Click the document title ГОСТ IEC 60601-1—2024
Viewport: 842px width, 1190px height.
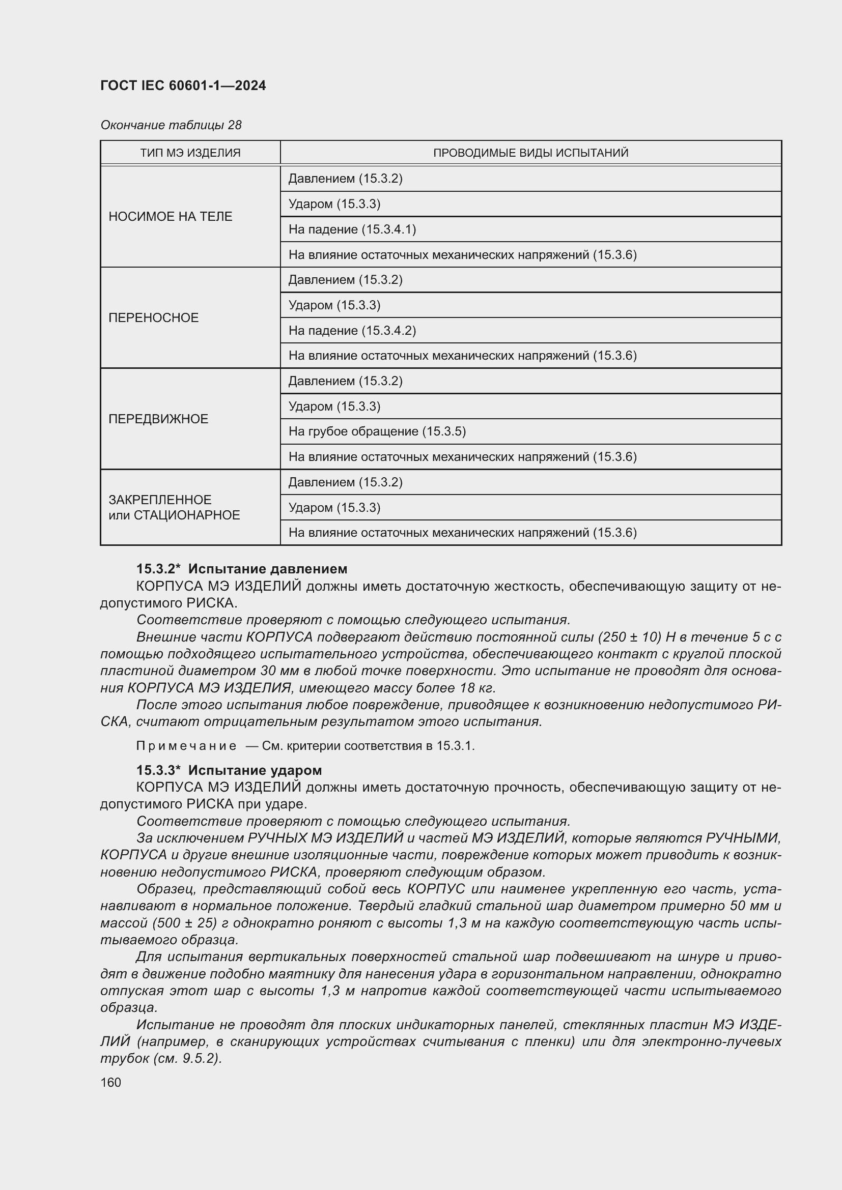coord(183,85)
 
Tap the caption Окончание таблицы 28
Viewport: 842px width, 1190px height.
coord(171,125)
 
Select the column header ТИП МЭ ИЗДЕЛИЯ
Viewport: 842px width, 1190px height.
coord(190,153)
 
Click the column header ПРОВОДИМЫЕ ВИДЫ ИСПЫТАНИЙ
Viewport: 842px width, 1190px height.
coord(530,153)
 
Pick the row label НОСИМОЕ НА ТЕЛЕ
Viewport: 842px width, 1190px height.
coord(170,217)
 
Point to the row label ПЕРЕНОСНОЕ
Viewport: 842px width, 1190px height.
coord(153,317)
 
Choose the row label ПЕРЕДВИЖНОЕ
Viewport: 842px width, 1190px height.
coord(158,419)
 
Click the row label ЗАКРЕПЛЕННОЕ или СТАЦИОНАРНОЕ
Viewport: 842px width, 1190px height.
coord(174,507)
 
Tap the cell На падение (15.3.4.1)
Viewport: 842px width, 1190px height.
coord(352,229)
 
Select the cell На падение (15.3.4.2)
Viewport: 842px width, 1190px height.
coord(352,330)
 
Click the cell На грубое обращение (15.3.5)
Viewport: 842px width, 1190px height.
coord(377,431)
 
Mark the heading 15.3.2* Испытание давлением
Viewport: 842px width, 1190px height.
coord(242,569)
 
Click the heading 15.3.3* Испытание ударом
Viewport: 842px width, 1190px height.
coord(229,770)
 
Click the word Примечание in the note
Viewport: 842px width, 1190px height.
coord(186,746)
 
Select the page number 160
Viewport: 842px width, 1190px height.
coord(110,1083)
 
